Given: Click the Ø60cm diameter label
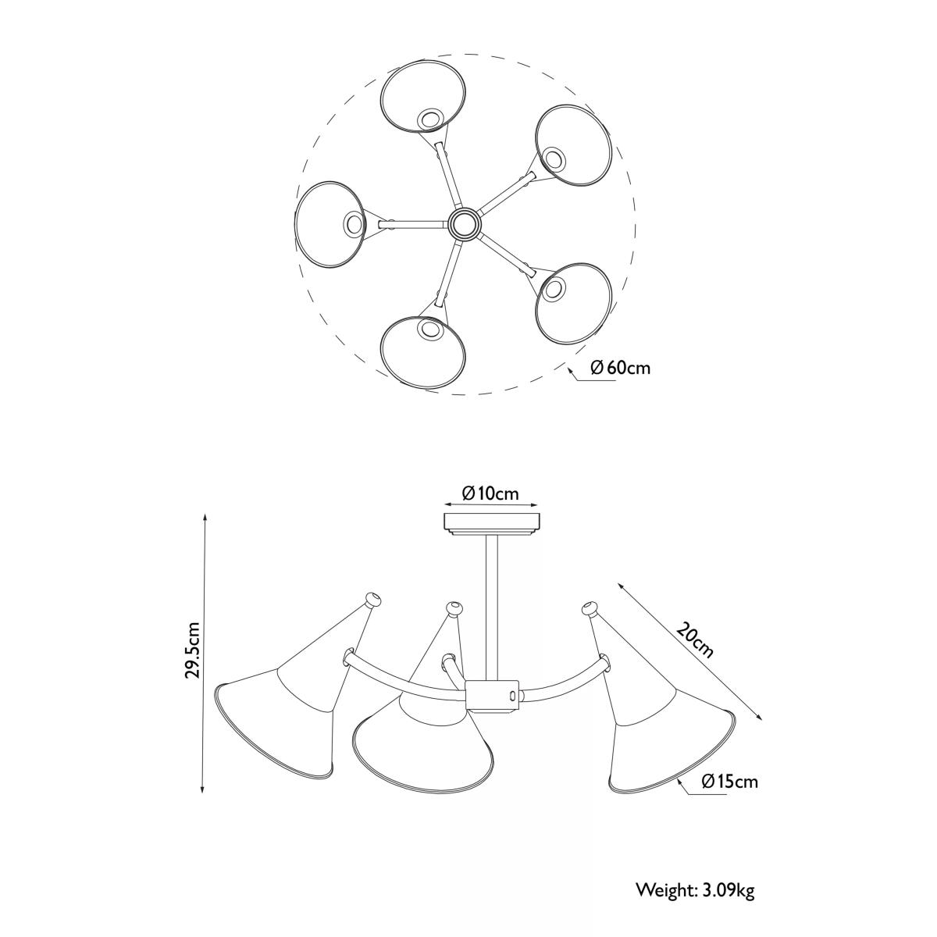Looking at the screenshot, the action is click(620, 368).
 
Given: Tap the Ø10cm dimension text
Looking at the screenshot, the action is click(490, 494).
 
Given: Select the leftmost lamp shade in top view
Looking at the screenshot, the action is click(330, 224).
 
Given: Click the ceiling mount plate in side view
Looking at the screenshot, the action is click(492, 522).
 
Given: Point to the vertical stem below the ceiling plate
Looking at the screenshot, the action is click(491, 607).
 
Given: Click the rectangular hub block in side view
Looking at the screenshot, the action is click(493, 697).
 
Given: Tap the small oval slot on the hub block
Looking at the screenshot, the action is click(511, 697).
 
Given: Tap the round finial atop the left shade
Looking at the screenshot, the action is click(372, 600).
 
